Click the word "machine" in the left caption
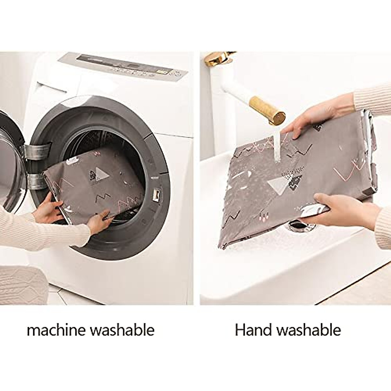56,330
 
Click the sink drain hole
297,224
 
